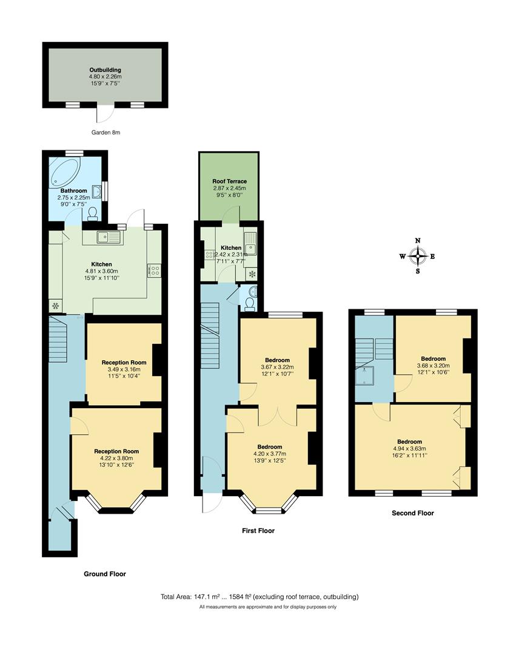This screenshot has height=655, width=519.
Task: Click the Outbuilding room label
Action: [105, 70]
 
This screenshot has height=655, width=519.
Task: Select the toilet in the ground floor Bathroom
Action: [92, 213]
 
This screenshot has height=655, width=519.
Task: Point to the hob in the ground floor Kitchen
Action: [153, 270]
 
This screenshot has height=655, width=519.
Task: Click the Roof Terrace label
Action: [229, 181]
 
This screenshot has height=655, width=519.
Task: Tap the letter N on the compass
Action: [418, 241]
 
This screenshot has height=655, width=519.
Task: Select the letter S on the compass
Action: [418, 271]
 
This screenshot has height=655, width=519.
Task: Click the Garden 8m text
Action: [105, 132]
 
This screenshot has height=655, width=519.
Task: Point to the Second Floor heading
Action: [412, 513]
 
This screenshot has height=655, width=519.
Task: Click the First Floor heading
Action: [258, 531]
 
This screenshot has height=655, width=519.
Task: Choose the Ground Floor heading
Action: [105, 574]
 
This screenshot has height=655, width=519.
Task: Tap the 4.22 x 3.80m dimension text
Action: [116, 458]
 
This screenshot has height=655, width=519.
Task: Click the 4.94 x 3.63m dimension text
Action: [409, 449]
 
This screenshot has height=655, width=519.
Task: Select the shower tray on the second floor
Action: [365, 375]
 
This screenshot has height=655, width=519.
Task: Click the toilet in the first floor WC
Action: [250, 304]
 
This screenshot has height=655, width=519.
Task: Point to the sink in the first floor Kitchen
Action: [250, 244]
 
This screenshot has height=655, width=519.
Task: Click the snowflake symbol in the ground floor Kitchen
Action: [56, 306]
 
